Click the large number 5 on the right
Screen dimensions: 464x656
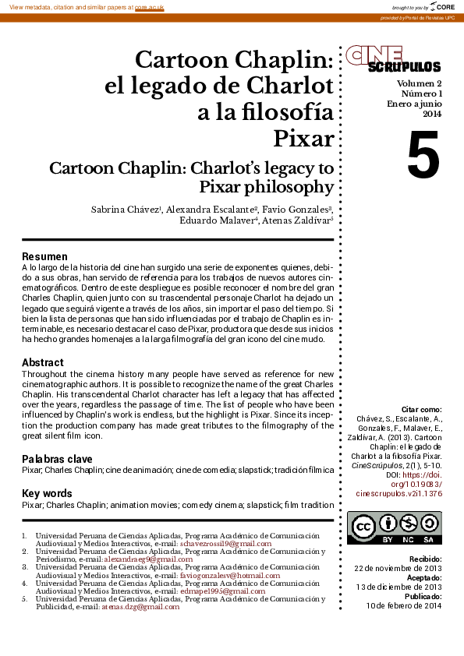[x=423, y=156]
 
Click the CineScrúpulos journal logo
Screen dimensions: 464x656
[x=393, y=58]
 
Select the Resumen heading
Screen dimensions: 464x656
[x=44, y=256]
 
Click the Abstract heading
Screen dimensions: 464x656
[x=43, y=362]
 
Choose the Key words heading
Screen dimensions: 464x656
[x=47, y=493]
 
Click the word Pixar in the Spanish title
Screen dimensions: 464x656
[x=303, y=139]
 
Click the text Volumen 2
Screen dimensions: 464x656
[x=419, y=83]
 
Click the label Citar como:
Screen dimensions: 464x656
[x=420, y=409]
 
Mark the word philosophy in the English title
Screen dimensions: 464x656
[x=289, y=187]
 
